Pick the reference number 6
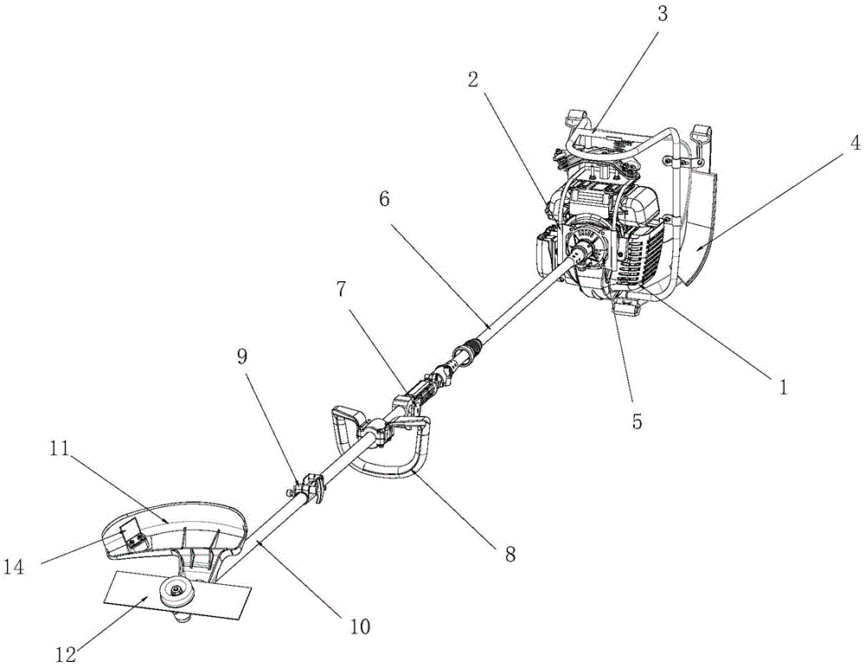(x=385, y=198)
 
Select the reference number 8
(x=509, y=555)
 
